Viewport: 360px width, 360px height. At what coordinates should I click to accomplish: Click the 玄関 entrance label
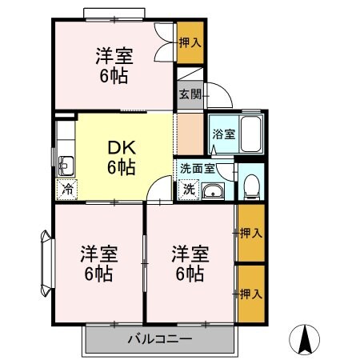point(189,94)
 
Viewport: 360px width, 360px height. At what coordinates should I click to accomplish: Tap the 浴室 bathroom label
point(223,134)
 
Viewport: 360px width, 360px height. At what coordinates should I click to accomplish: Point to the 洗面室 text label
point(197,169)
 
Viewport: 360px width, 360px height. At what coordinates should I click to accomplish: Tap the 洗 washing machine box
point(189,190)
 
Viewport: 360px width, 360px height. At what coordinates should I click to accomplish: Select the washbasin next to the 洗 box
point(213,190)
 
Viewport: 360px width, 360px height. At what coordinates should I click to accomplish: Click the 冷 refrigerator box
point(67,190)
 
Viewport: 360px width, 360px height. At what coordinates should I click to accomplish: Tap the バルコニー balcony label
point(159,338)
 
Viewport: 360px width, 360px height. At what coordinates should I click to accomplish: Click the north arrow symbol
point(304,340)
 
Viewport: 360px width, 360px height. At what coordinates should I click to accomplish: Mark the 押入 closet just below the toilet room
point(250,233)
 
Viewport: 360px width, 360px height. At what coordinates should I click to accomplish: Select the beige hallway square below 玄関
point(190,134)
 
